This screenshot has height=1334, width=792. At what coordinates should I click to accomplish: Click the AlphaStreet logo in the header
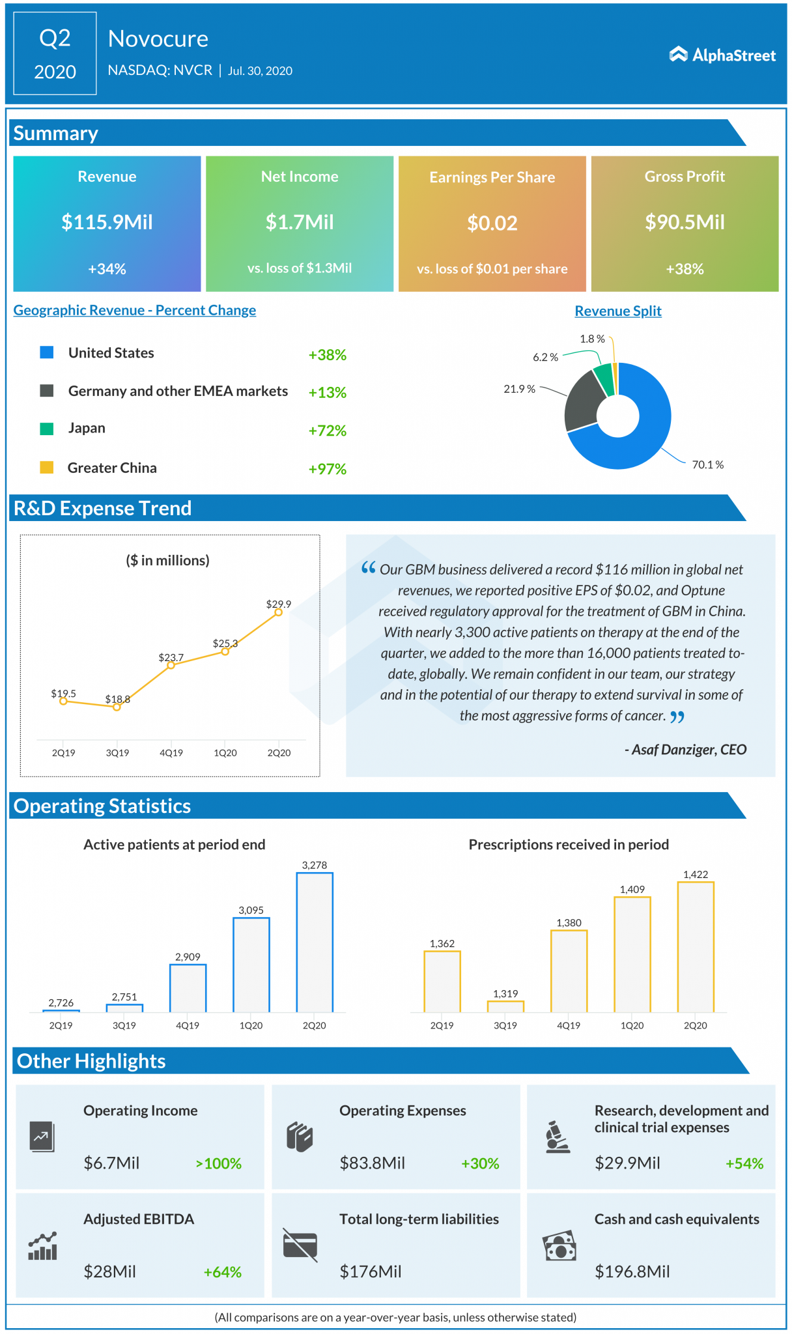[722, 55]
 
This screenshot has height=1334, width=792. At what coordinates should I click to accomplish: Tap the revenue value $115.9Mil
[107, 222]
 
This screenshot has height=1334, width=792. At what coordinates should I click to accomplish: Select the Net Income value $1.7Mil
[300, 222]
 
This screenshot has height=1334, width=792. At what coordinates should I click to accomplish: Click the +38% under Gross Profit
[685, 269]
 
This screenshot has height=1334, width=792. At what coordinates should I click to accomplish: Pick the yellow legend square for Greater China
[46, 467]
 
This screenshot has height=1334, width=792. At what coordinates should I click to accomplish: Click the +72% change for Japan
[327, 431]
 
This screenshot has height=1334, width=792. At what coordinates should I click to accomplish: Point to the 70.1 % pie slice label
[707, 464]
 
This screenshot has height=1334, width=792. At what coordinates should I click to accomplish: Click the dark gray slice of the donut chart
[579, 403]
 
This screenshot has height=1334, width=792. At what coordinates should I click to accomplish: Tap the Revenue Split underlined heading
[617, 311]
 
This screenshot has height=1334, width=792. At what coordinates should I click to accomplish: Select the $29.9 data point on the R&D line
[278, 612]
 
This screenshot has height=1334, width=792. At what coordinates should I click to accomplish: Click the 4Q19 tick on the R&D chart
[171, 752]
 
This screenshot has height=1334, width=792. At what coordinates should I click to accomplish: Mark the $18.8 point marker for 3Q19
[117, 707]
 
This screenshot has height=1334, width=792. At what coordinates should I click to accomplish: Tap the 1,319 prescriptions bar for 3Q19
[505, 1006]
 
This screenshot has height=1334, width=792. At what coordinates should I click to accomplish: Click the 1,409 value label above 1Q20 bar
[632, 889]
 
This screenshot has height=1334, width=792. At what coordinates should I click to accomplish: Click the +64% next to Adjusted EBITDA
[222, 1272]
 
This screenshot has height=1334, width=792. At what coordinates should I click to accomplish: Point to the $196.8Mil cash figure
[632, 1271]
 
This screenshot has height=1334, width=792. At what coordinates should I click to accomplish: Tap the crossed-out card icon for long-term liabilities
[300, 1245]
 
